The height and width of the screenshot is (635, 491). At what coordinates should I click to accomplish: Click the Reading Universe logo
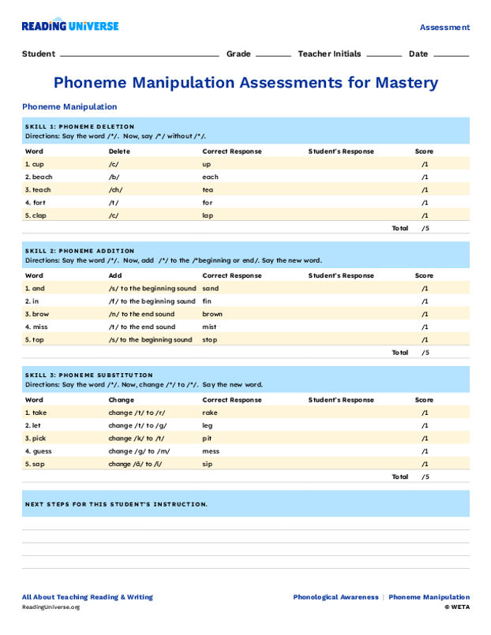point(70,26)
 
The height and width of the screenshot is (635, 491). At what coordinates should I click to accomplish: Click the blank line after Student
point(139,56)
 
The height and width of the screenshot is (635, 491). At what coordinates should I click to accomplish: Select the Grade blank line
point(273,56)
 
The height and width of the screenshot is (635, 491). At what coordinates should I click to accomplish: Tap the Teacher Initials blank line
point(384,56)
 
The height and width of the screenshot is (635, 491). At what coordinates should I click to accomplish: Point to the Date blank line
point(451,56)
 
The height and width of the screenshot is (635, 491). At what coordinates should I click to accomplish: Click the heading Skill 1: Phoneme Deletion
point(80,126)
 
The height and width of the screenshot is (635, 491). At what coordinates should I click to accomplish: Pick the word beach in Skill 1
point(42,177)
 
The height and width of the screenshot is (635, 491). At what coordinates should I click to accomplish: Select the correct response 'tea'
point(208,189)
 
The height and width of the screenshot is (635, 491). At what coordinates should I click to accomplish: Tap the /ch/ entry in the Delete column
point(115,189)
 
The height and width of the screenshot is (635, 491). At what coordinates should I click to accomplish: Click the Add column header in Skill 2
point(115,275)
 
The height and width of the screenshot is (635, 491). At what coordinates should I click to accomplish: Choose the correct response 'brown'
point(212,314)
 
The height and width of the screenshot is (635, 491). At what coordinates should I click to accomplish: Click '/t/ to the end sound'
point(142,327)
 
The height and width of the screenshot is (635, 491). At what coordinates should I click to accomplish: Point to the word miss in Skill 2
point(41,327)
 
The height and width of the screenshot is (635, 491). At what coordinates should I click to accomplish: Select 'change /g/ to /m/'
point(139,451)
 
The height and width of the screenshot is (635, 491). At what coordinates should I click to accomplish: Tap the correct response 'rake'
point(209,413)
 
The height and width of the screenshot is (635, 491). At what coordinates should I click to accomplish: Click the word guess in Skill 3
point(42,451)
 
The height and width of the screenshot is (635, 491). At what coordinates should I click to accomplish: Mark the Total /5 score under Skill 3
point(425,476)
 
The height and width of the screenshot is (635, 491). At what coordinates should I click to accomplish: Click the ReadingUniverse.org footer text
point(51,607)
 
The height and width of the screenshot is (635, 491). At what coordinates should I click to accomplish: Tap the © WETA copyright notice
point(456,607)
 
